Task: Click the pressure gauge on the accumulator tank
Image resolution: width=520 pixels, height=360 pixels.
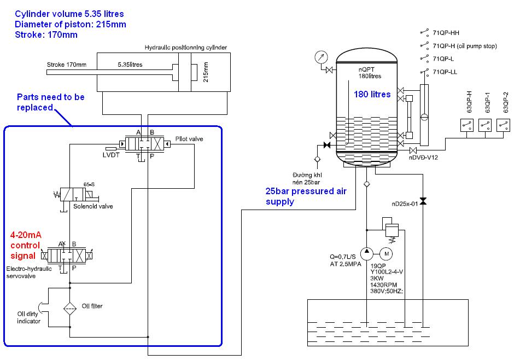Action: click(x=320, y=57)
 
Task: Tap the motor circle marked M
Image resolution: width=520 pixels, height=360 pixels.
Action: click(x=386, y=254)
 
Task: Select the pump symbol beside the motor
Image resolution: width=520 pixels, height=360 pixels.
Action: click(x=366, y=254)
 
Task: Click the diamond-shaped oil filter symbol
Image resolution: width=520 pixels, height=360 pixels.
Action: click(x=70, y=309)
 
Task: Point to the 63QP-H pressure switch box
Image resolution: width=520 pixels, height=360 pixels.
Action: click(x=466, y=125)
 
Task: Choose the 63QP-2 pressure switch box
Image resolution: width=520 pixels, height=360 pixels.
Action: click(x=503, y=125)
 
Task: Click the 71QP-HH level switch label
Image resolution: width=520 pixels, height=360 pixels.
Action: click(x=446, y=33)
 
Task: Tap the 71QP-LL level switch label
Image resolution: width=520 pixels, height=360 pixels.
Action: click(x=445, y=72)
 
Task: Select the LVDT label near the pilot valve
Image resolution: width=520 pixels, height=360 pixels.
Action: click(x=111, y=155)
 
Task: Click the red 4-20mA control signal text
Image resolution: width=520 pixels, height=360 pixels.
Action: click(x=26, y=245)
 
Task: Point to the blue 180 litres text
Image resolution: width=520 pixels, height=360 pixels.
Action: click(x=372, y=94)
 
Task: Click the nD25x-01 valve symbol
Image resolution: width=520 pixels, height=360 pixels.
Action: click(x=423, y=201)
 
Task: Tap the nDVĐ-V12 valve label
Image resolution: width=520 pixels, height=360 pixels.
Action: click(x=423, y=157)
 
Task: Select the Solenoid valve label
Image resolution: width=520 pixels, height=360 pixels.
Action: click(x=93, y=206)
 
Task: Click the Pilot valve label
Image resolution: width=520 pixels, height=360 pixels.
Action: click(x=189, y=138)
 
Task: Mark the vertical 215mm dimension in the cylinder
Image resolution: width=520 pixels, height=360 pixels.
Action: click(x=206, y=72)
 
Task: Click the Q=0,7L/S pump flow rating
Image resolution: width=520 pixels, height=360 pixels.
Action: click(x=343, y=257)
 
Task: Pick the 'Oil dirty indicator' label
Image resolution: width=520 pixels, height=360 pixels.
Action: click(x=28, y=317)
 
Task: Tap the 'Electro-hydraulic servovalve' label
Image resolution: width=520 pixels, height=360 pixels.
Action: click(x=29, y=272)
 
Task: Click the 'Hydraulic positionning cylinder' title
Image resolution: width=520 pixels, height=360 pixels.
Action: click(x=186, y=48)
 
